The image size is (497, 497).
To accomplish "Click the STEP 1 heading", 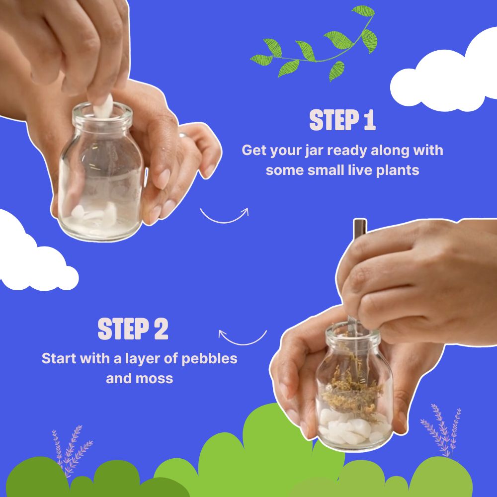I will click(342, 121).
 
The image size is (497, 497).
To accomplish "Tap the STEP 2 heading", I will click(133, 330).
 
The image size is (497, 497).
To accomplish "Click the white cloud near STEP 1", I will click(447, 75).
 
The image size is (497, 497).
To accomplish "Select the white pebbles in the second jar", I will click(348, 427).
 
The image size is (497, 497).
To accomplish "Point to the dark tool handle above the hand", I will click(359, 231).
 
